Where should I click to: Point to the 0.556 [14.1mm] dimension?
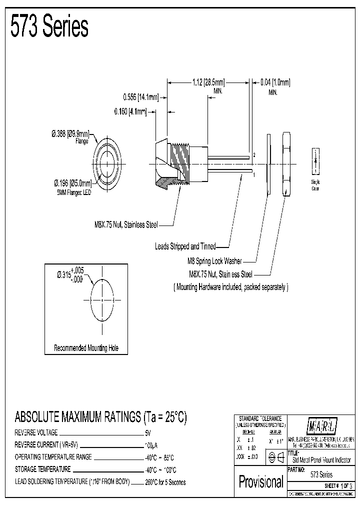[141, 97]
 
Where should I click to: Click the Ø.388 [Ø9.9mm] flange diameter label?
[70, 134]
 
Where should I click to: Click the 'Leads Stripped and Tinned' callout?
[185, 246]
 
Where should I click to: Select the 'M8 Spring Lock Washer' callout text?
[211, 260]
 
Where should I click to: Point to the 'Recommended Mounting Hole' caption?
[86, 348]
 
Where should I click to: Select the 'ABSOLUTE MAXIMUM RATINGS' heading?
[100, 416]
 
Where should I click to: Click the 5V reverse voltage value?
[147, 432]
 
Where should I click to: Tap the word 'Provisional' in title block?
[261, 481]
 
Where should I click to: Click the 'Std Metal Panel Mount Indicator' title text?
[321, 460]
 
